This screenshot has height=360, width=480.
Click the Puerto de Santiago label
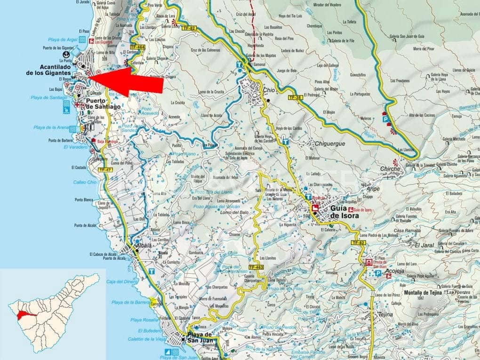coord(103,104)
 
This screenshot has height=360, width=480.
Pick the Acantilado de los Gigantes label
coord(48,70)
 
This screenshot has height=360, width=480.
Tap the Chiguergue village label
coord(326,144)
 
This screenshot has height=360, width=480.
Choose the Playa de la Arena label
coord(52,128)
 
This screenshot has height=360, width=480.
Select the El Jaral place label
coord(424,245)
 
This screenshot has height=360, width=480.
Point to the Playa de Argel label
coord(64,40)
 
